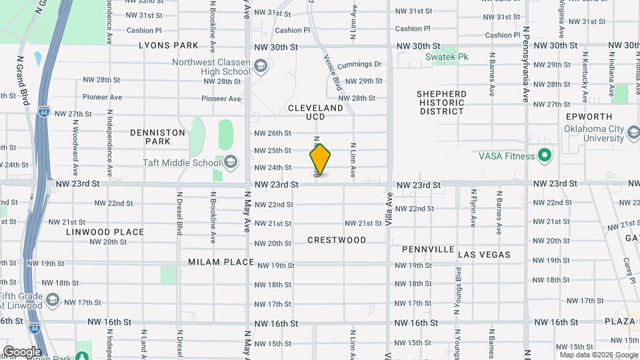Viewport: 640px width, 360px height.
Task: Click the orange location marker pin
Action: (x=320, y=159)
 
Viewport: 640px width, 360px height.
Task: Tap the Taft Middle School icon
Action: (x=231, y=162)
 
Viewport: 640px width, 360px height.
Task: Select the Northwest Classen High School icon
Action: (x=260, y=66)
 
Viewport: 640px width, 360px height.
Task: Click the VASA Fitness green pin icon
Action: (x=545, y=156)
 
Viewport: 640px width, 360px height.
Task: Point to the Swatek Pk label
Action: (x=447, y=57)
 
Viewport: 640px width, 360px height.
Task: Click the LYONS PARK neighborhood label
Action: (x=169, y=45)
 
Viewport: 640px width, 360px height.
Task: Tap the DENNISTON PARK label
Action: (x=157, y=137)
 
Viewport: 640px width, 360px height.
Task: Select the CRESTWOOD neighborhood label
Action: (x=337, y=240)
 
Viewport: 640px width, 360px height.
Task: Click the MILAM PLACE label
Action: (x=221, y=262)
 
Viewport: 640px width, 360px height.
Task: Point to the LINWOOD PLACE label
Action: (x=105, y=232)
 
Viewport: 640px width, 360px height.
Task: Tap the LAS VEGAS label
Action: (x=485, y=255)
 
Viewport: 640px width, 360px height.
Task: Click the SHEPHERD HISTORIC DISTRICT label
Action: (x=441, y=103)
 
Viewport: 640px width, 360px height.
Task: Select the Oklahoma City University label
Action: (x=597, y=134)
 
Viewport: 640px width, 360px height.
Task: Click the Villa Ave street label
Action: (x=388, y=209)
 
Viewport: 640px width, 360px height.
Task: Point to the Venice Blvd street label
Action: (x=335, y=74)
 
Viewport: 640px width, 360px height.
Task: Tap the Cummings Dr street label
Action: (x=359, y=65)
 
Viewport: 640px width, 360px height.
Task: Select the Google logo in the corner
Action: (x=22, y=351)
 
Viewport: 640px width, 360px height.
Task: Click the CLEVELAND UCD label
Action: (x=315, y=112)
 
